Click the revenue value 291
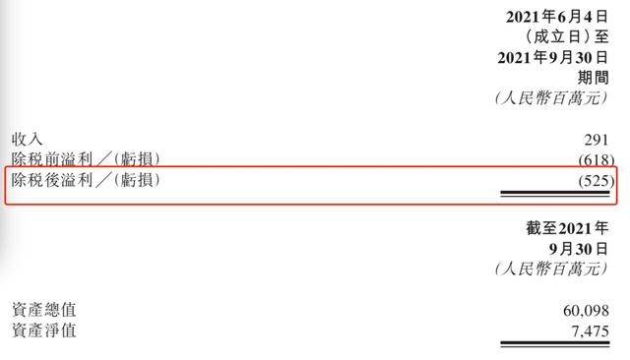597,140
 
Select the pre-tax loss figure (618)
597,160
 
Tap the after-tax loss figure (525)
597,181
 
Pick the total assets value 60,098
586,311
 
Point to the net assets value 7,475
590,331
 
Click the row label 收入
27,140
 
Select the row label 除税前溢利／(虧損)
86,159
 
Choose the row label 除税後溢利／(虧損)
86,180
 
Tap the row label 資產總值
43,310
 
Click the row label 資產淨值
43,330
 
